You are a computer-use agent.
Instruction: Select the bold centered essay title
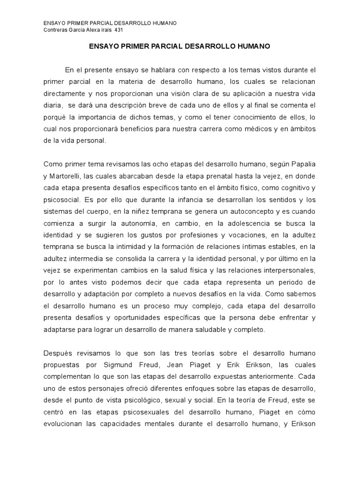click(x=180, y=47)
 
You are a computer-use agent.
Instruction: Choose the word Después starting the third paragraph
click(x=58, y=352)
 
